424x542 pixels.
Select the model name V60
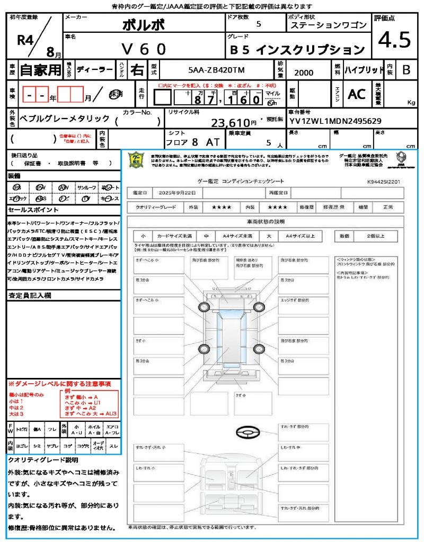(144, 49)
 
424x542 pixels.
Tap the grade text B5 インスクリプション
(298, 50)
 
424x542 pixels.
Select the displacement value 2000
(303, 73)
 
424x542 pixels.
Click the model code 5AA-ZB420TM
(217, 70)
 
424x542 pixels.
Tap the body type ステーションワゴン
(328, 25)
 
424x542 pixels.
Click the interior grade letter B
(406, 69)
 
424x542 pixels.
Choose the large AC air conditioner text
(357, 94)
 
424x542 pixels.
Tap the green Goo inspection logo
(137, 160)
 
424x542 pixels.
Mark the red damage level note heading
(59, 383)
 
